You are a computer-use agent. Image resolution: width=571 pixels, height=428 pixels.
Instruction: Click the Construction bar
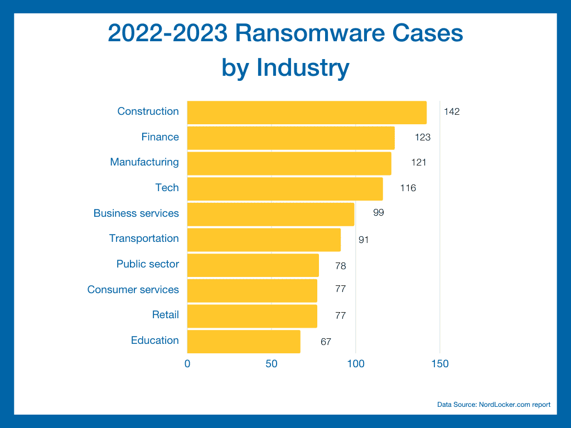click(x=307, y=112)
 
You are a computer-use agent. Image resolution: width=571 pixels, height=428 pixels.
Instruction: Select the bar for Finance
click(x=291, y=138)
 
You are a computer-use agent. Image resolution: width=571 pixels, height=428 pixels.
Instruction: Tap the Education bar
click(x=244, y=341)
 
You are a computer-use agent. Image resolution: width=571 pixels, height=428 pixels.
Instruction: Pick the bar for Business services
click(x=270, y=214)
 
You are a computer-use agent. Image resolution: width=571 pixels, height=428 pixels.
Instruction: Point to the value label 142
click(x=452, y=112)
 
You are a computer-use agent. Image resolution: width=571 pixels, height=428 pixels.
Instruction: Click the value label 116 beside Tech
click(x=408, y=188)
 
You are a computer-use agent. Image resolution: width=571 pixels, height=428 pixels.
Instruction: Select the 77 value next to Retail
click(x=341, y=316)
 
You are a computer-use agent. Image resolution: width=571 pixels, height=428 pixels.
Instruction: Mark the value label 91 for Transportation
click(x=364, y=240)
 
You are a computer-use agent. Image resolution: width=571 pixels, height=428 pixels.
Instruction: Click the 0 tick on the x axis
click(x=187, y=364)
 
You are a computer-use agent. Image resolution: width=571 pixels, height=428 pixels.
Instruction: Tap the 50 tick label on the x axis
click(x=272, y=364)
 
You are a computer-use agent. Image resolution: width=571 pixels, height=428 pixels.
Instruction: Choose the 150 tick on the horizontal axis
click(x=440, y=364)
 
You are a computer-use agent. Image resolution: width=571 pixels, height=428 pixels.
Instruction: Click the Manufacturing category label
click(x=144, y=162)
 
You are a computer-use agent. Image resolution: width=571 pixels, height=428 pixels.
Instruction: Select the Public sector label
click(x=148, y=264)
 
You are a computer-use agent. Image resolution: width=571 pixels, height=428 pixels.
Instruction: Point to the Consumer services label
click(x=133, y=290)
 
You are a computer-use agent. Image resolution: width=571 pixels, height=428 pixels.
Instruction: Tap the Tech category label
click(x=167, y=188)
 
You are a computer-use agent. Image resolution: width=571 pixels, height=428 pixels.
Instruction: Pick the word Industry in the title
click(x=302, y=68)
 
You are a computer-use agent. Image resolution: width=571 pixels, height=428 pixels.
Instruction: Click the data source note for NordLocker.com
click(x=493, y=405)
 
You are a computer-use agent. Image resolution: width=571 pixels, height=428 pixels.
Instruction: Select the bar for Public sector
click(x=253, y=265)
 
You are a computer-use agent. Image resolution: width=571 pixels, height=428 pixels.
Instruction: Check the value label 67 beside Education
click(x=326, y=342)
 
